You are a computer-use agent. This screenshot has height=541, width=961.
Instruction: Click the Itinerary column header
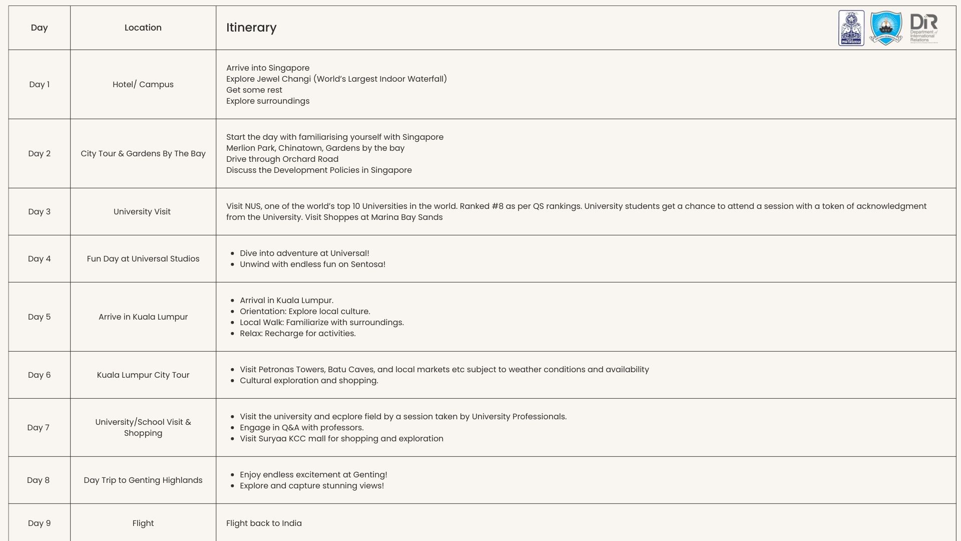pos(251,28)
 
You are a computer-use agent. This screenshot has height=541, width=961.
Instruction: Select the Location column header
pos(143,28)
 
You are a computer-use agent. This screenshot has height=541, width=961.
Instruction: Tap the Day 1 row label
pos(39,84)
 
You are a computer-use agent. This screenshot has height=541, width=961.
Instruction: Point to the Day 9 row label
pos(39,523)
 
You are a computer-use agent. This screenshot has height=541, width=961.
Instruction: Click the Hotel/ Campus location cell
pos(143,84)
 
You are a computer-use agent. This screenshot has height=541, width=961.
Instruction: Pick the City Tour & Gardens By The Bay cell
pos(143,153)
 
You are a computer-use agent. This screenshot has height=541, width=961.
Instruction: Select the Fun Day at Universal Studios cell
pos(143,258)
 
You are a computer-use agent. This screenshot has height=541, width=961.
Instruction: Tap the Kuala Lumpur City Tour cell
pos(143,375)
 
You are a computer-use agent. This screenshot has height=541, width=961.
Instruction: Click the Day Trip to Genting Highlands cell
pos(143,480)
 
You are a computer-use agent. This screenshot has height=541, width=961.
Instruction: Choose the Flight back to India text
pos(264,523)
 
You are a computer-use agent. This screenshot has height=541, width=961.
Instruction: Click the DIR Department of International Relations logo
pos(923,28)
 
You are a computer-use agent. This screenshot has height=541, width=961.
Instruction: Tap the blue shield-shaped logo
pos(886,28)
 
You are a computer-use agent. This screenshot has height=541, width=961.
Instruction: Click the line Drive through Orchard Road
pos(282,159)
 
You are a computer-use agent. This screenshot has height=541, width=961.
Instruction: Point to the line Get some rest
pos(254,90)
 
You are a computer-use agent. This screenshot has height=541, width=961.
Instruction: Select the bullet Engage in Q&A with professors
pos(301,427)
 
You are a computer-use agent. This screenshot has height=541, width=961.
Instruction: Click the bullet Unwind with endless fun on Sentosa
pos(312,264)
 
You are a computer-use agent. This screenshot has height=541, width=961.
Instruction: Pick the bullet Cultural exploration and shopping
pos(309,380)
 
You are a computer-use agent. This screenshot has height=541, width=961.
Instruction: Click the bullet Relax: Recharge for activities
pos(297,333)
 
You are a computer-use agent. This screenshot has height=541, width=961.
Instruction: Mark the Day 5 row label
pos(39,317)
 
